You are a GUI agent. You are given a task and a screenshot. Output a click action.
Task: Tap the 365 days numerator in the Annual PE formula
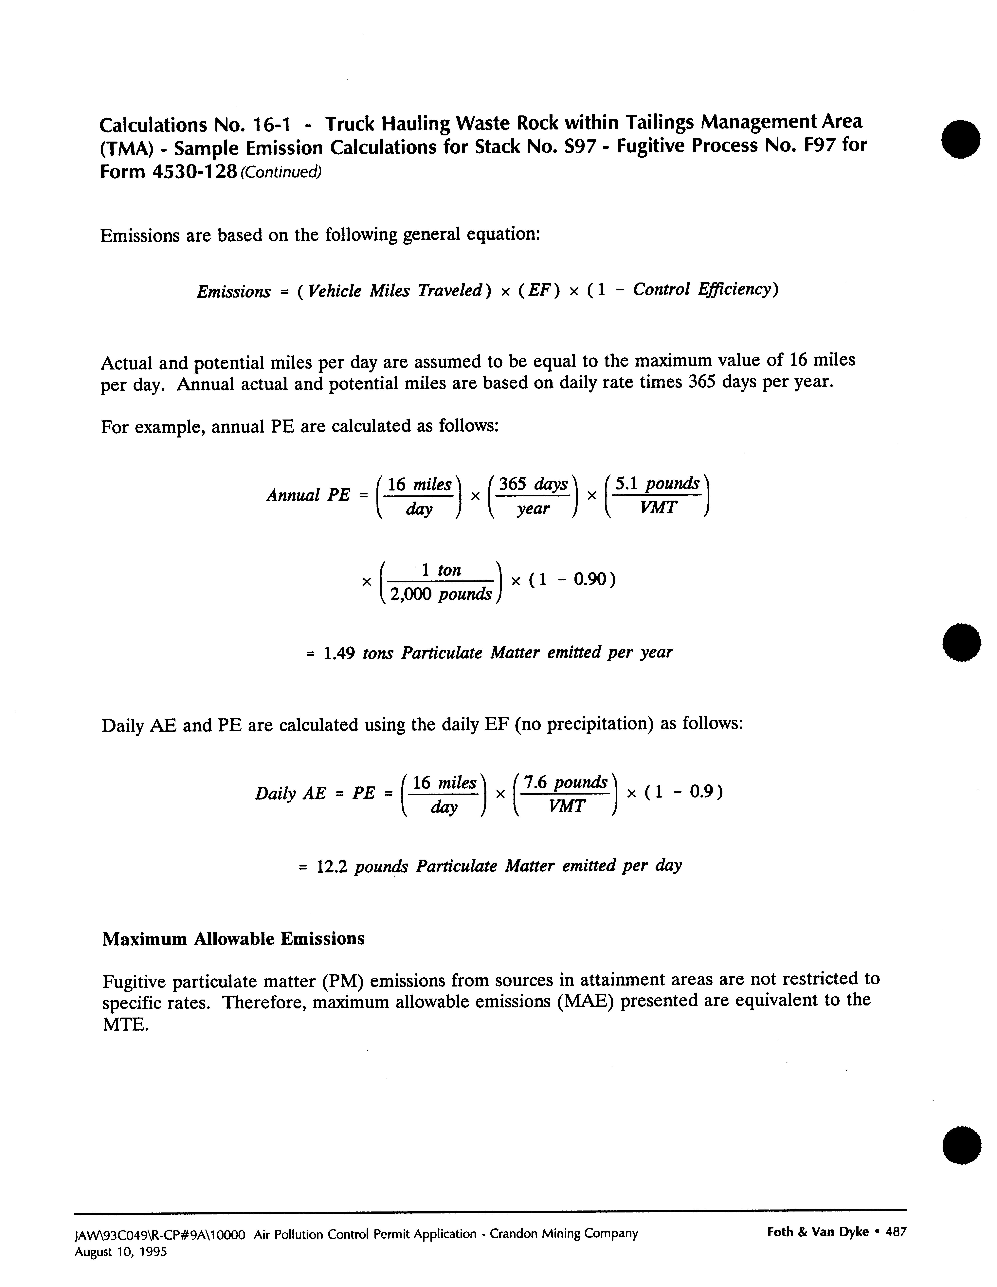[x=533, y=484]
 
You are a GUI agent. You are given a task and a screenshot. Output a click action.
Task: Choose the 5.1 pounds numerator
[x=657, y=483]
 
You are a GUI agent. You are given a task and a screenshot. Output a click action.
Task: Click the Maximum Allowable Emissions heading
[x=233, y=938]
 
